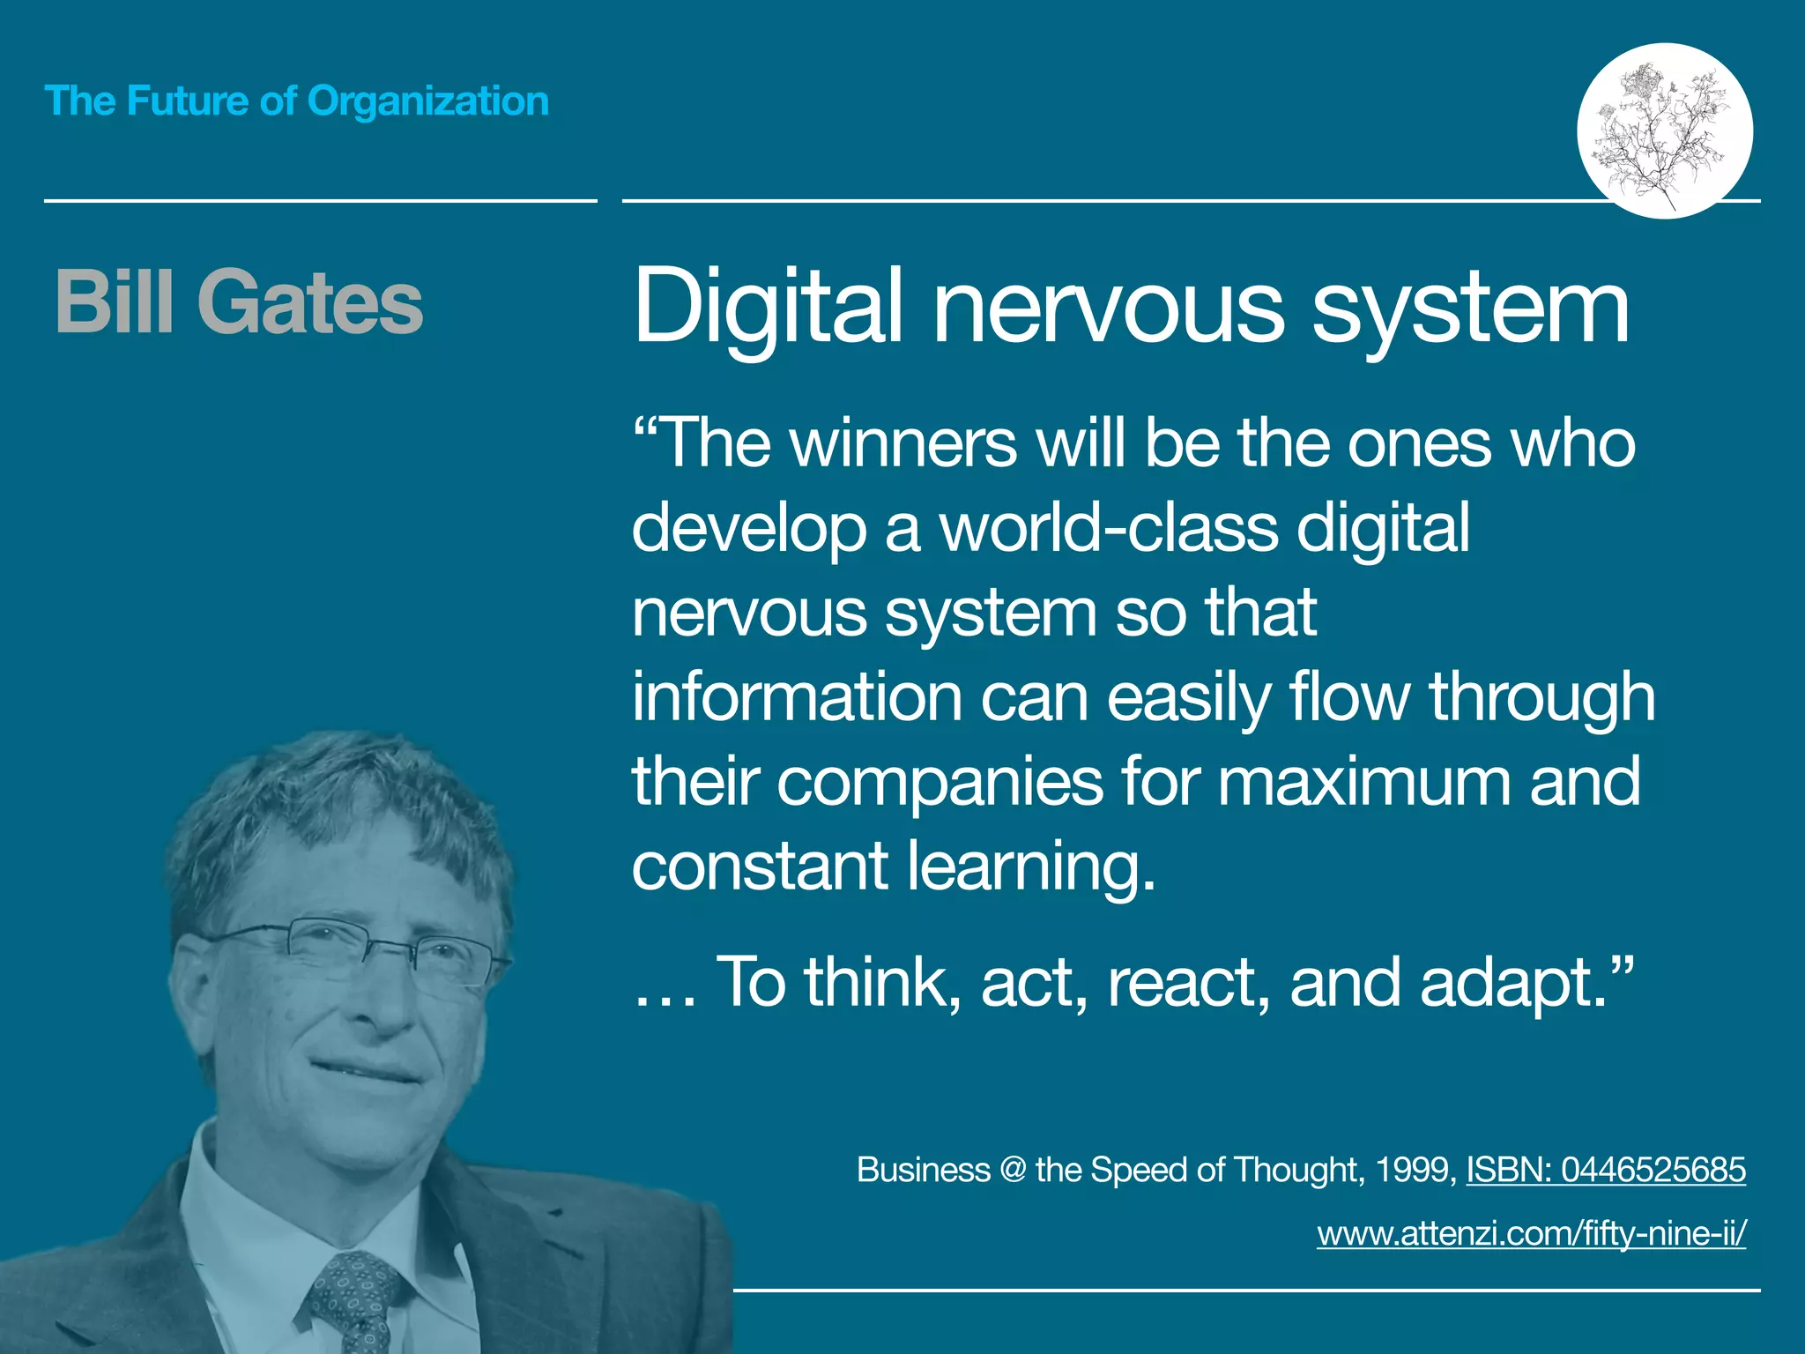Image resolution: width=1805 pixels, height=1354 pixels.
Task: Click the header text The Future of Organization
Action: click(296, 100)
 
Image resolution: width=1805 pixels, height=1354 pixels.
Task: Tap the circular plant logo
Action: click(1664, 130)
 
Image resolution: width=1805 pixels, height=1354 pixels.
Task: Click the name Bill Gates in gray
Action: click(239, 302)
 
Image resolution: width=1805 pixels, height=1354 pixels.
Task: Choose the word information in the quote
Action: click(797, 697)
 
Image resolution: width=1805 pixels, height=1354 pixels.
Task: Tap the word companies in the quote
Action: click(940, 782)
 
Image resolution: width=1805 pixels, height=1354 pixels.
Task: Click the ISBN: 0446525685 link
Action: click(1606, 1170)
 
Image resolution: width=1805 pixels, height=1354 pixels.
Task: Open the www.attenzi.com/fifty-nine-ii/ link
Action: click(1532, 1232)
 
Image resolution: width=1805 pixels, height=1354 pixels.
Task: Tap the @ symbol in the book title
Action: click(1013, 1170)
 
